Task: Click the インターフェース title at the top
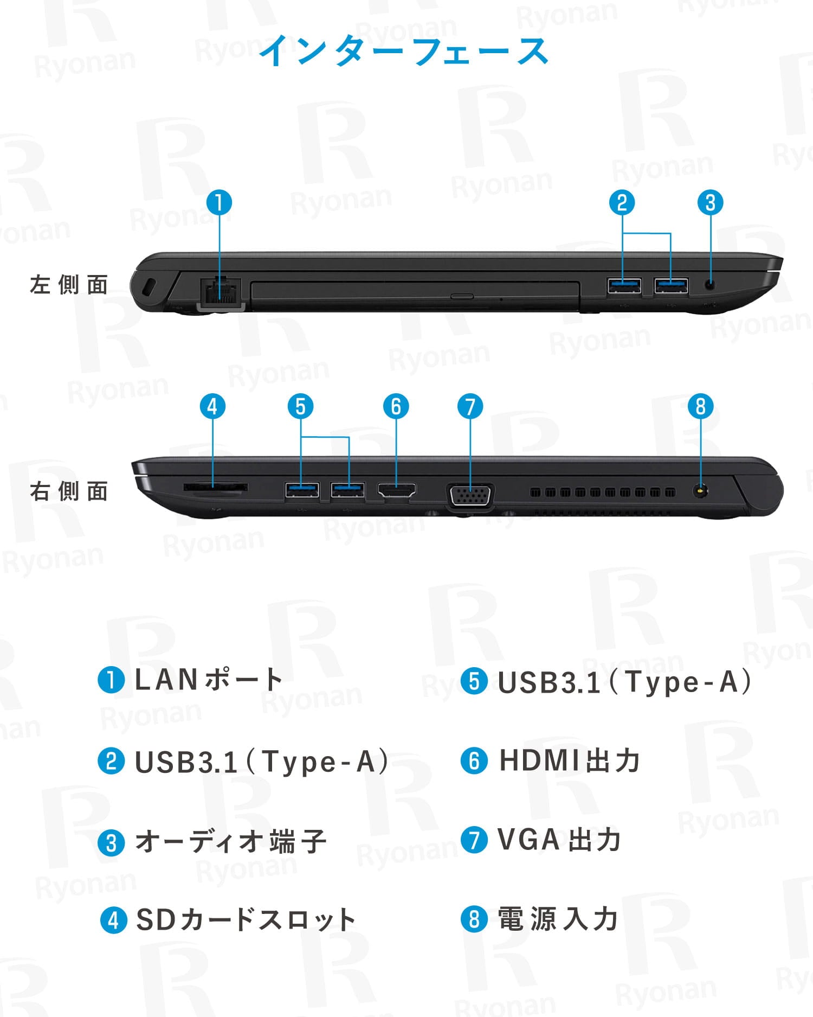404,51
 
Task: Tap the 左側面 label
69,285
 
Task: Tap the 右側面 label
69,491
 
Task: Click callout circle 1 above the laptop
220,203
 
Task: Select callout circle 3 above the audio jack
711,203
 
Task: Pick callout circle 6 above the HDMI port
396,407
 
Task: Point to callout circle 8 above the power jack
700,406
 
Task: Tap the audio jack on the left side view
710,284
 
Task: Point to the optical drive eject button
462,296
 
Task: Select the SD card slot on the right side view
216,488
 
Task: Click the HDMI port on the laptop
397,490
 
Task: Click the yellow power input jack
700,491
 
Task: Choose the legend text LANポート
209,680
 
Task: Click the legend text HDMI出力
570,760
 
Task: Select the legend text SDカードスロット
246,920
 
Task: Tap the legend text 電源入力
558,919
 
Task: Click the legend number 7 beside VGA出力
474,840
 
